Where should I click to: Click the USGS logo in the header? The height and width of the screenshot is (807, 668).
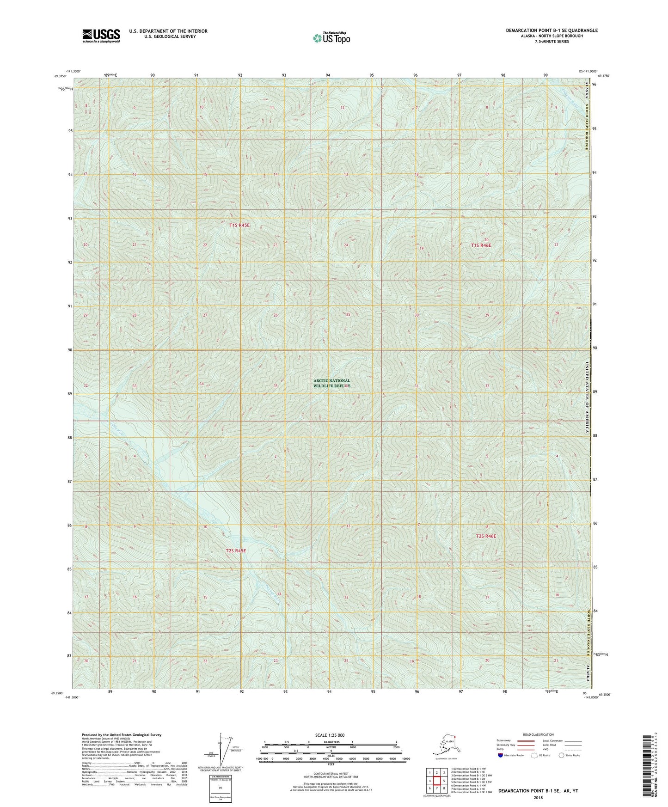pos(101,36)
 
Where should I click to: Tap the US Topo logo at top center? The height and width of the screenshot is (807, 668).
pos(331,37)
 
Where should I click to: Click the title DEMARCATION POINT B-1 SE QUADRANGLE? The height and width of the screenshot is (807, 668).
pos(551,31)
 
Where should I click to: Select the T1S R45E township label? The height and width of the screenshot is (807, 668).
pos(239,225)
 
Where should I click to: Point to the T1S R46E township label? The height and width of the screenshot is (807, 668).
pos(481,245)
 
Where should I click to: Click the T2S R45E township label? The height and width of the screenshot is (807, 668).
pos(236,551)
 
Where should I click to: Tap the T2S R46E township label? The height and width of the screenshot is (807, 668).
pos(486,536)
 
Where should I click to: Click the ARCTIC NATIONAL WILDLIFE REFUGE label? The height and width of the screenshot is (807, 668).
pos(331,383)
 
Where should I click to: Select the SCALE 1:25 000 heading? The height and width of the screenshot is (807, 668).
pos(330,735)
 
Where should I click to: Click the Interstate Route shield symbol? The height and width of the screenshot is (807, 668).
pos(501,755)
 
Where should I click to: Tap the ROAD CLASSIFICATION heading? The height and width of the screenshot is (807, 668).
pos(538,734)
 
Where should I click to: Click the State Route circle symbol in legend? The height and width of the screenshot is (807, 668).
pos(562,755)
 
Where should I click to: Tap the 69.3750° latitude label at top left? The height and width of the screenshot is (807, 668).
pos(60,77)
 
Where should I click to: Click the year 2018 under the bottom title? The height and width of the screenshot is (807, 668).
pos(538,797)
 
